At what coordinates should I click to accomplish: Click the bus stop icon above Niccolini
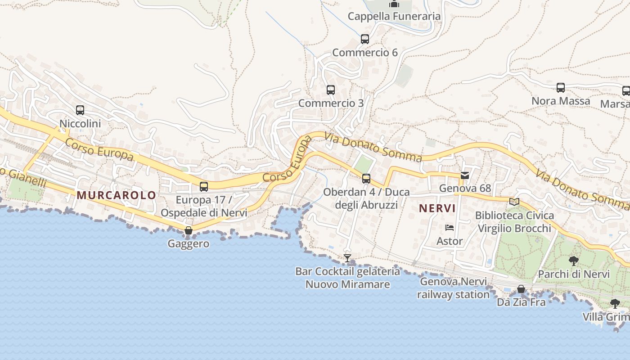tap(80, 110)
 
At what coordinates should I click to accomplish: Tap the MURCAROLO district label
tap(116, 195)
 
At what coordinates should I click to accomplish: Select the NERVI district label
tap(437, 208)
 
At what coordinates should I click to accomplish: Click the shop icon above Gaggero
tap(189, 231)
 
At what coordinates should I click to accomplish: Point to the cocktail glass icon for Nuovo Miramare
tap(347, 258)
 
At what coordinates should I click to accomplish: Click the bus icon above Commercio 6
tap(365, 39)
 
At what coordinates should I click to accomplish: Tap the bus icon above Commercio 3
tap(331, 90)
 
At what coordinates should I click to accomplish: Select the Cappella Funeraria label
tap(394, 17)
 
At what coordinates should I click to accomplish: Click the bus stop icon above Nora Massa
tap(561, 88)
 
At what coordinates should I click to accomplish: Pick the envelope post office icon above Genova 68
tap(465, 175)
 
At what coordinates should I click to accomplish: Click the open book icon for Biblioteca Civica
tap(514, 202)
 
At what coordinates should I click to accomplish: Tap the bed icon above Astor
tap(449, 228)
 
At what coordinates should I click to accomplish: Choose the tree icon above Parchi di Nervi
tap(574, 261)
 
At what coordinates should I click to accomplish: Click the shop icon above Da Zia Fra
tap(521, 289)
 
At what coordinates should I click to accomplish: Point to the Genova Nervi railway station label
tap(453, 288)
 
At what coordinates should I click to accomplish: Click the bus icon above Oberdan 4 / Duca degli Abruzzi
tap(366, 179)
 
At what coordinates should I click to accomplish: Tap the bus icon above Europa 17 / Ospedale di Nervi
tap(204, 186)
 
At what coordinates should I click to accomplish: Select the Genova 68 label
tap(465, 188)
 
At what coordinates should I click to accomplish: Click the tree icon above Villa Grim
tap(615, 304)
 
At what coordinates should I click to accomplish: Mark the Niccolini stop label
tap(80, 123)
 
